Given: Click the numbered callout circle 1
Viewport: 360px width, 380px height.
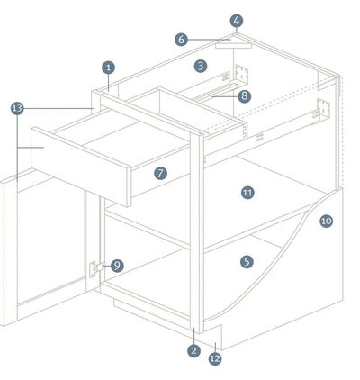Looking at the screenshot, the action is point(109,68).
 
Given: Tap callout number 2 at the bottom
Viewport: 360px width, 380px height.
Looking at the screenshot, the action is point(194,350).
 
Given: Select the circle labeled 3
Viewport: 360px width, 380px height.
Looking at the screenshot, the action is point(201,66).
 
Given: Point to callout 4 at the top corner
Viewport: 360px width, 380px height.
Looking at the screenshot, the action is point(237,21).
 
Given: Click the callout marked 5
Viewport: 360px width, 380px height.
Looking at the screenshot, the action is point(247,262).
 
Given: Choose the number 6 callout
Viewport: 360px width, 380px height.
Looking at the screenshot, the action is point(181,40).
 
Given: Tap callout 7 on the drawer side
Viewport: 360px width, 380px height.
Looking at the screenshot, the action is point(160,173).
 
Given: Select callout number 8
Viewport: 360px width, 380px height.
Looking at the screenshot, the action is point(245,96).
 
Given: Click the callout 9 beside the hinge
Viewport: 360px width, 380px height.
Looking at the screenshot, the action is point(117,266).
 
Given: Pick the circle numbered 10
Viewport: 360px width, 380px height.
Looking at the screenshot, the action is point(327,222).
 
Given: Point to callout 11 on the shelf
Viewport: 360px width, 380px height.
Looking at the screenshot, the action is point(247,193).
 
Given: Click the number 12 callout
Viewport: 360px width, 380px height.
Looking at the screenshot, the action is point(215,358).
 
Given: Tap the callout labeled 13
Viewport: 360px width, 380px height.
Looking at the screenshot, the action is point(17,108).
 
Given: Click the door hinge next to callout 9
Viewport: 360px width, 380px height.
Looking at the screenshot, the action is point(94,268).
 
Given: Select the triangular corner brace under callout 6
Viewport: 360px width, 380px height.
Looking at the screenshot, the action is point(233,43).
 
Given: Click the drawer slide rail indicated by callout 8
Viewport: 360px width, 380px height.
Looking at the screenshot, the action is point(213,91).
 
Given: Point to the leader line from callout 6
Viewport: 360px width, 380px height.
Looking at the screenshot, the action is point(210,40).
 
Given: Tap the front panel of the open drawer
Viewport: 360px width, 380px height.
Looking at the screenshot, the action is point(81,167).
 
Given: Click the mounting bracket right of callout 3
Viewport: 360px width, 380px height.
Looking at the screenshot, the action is point(242,73).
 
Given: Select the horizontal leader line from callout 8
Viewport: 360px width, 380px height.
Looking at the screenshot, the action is point(224,96).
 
